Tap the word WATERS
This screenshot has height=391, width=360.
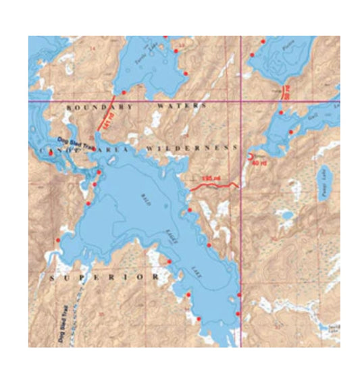pyautogui.click(x=180, y=107)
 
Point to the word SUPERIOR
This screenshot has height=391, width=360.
pyautogui.click(x=104, y=278)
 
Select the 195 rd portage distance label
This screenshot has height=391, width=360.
pyautogui.click(x=211, y=178)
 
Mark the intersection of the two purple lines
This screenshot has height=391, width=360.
pyautogui.click(x=242, y=101)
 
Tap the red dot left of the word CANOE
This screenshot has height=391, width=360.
pyautogui.click(x=51, y=153)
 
